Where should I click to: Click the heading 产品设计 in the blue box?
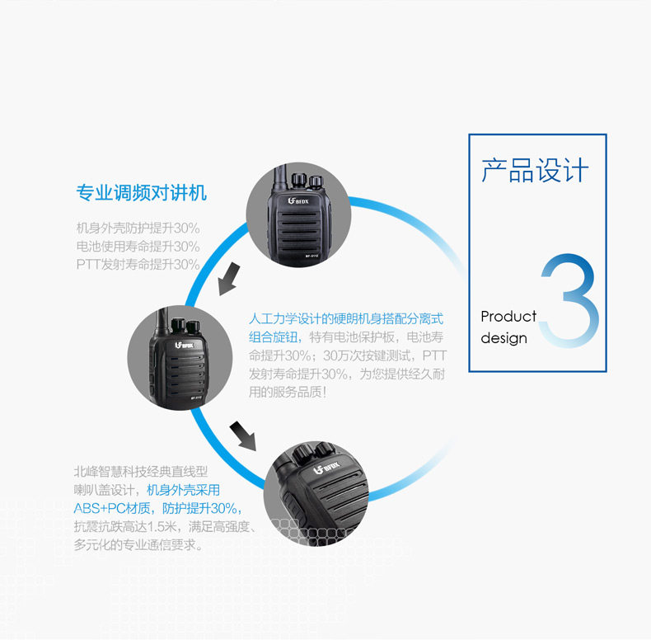(535, 171)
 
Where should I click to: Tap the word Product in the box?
(508, 316)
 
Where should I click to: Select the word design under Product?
(504, 338)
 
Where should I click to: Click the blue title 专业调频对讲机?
(142, 193)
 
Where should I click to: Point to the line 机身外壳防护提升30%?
(138, 228)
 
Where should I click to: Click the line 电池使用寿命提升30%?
(138, 247)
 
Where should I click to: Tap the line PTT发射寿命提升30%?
(138, 264)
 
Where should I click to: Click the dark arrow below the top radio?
(229, 279)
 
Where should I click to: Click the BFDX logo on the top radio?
(298, 201)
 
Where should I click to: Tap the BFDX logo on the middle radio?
(185, 345)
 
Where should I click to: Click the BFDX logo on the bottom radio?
(326, 468)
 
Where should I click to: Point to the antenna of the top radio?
(280, 179)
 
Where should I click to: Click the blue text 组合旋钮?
(274, 337)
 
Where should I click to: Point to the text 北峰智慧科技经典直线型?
(141, 472)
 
